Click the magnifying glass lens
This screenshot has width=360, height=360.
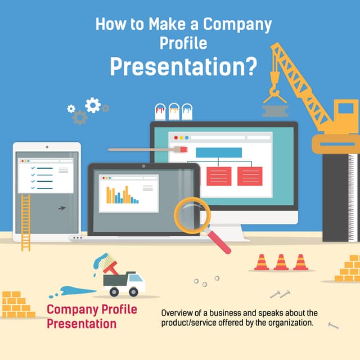[x=192, y=215]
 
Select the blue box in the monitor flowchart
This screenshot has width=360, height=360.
[x=219, y=152]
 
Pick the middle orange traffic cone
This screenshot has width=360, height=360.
[x=281, y=262]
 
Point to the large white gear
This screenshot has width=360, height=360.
[x=93, y=105]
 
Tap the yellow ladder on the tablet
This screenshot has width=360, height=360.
[x=25, y=223]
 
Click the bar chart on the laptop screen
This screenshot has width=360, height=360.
[x=123, y=194]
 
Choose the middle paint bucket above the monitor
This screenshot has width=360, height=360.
[x=174, y=111]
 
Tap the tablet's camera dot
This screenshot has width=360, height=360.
[x=47, y=147]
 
